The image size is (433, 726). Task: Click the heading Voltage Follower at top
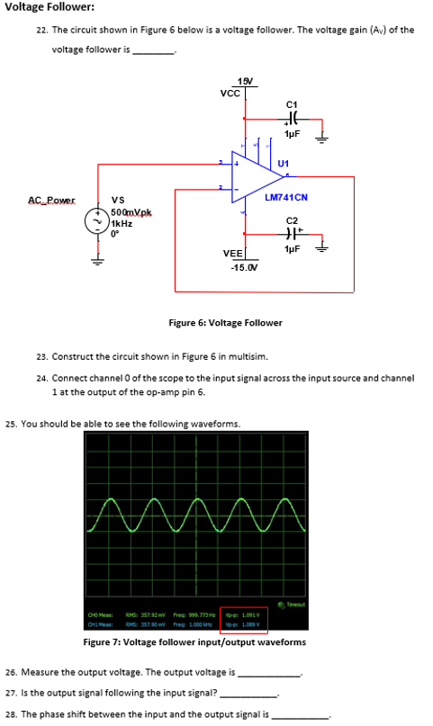point(45,7)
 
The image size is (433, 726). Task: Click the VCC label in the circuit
point(230,93)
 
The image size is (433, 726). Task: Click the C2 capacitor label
point(291,220)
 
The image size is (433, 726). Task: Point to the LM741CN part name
point(286,197)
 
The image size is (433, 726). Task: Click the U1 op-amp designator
point(284,163)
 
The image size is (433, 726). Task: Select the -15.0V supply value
point(244,268)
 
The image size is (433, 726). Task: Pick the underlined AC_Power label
point(51,201)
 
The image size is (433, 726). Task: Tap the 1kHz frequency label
point(122,222)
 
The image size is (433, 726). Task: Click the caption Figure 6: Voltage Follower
point(225,323)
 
